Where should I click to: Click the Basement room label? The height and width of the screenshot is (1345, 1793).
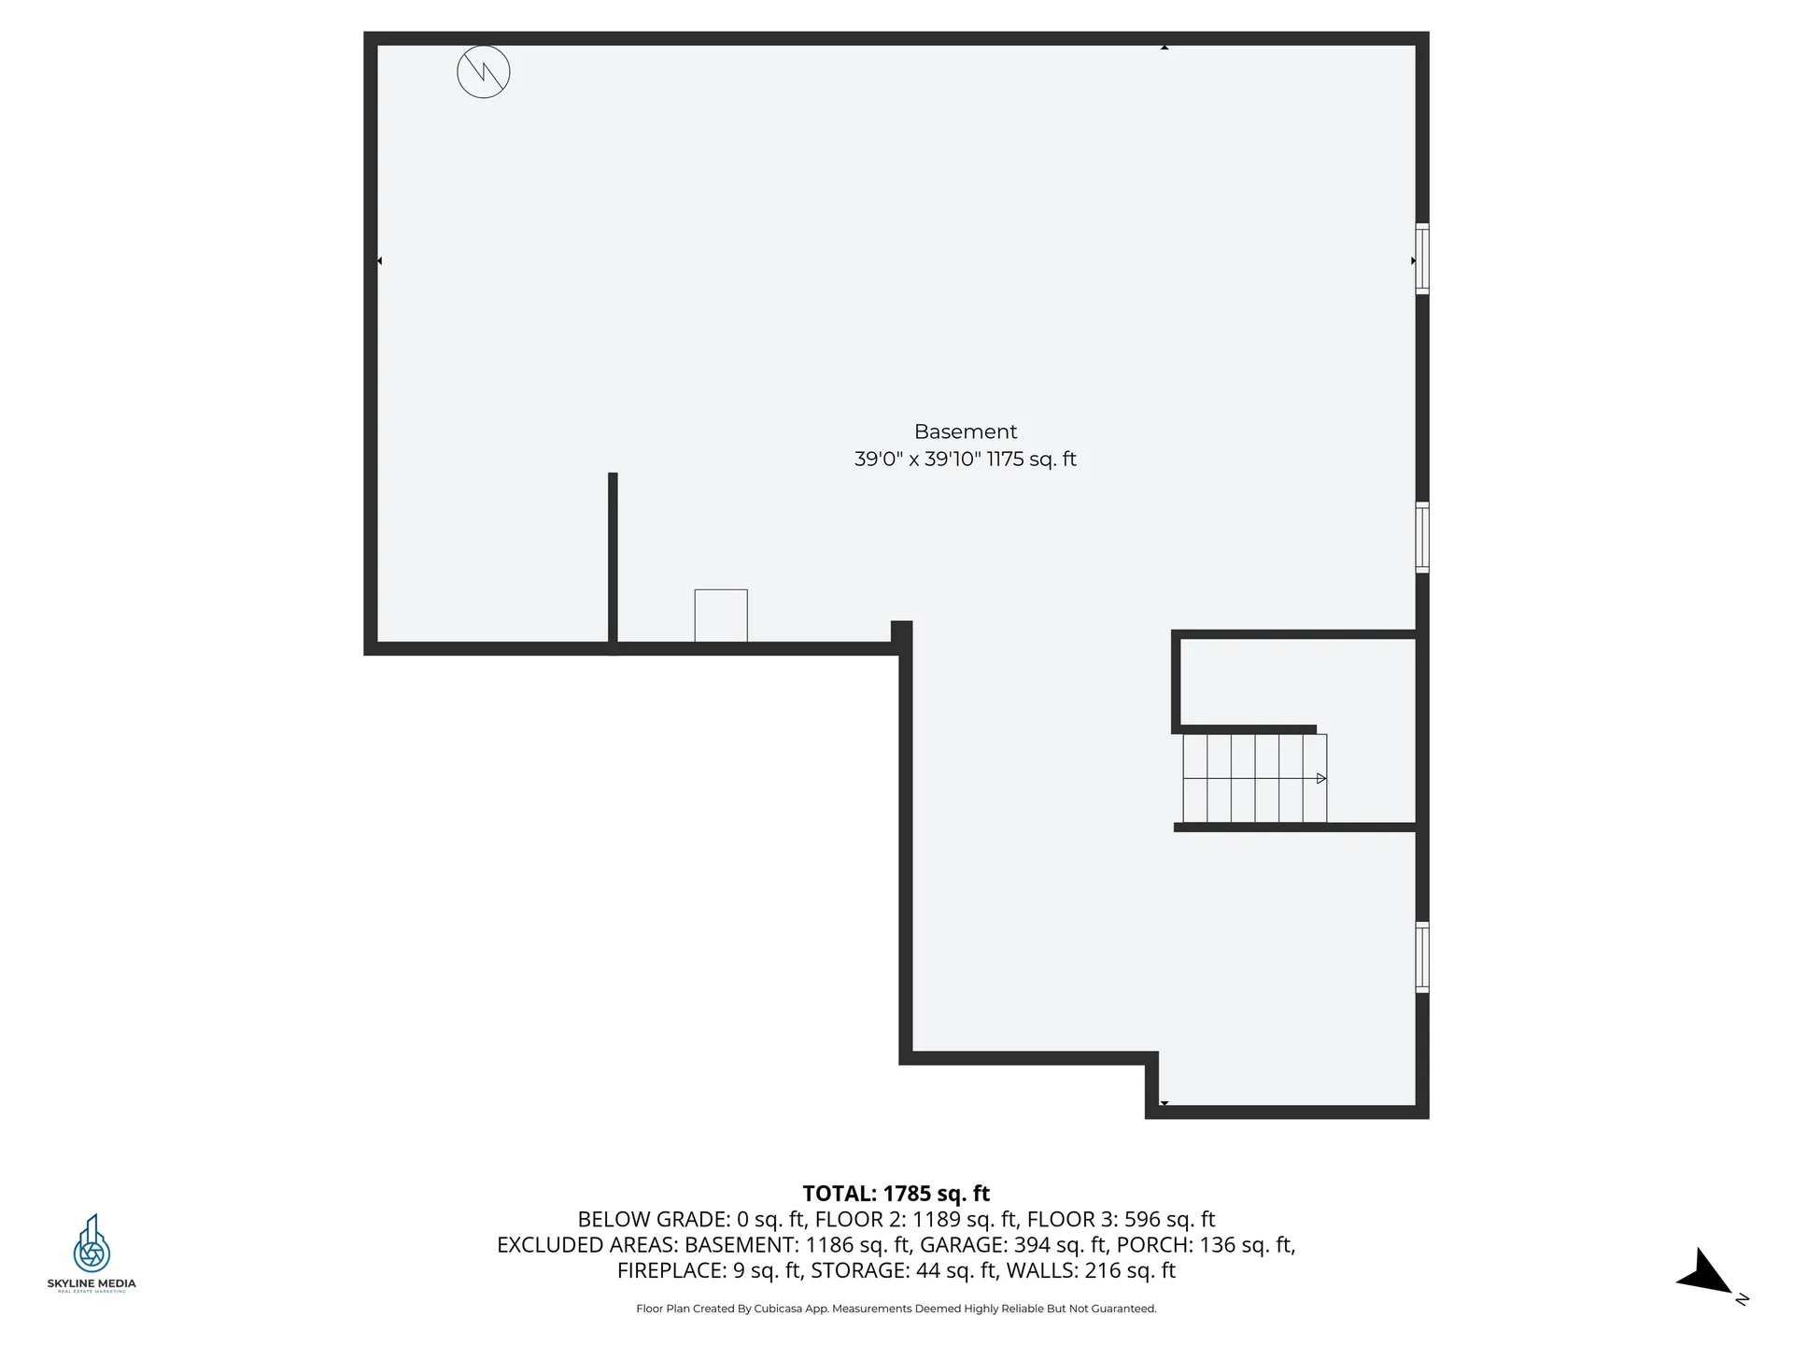pyautogui.click(x=965, y=432)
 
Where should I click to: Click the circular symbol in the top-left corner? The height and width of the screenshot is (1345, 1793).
pyautogui.click(x=484, y=72)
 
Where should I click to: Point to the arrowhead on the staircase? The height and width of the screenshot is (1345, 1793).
pyautogui.click(x=1321, y=778)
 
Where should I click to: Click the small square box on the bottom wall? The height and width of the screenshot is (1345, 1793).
pyautogui.click(x=721, y=616)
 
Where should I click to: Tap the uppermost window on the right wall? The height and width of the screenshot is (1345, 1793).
pyautogui.click(x=1421, y=259)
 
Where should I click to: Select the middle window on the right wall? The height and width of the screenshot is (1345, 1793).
pyautogui.click(x=1421, y=537)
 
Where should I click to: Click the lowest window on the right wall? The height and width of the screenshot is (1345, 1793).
pyautogui.click(x=1421, y=956)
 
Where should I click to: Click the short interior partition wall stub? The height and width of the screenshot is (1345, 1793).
pyautogui.click(x=613, y=560)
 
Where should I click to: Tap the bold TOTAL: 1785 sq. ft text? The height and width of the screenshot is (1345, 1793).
pyautogui.click(x=896, y=1194)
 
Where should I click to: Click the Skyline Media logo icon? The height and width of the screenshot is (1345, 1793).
pyautogui.click(x=92, y=1243)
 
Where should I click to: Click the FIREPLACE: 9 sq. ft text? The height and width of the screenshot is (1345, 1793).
pyautogui.click(x=709, y=1271)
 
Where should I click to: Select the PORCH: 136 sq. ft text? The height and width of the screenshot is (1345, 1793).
pyautogui.click(x=1206, y=1245)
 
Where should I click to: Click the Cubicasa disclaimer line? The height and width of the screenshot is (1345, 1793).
pyautogui.click(x=896, y=1309)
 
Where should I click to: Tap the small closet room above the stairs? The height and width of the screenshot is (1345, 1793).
pyautogui.click(x=1298, y=682)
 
